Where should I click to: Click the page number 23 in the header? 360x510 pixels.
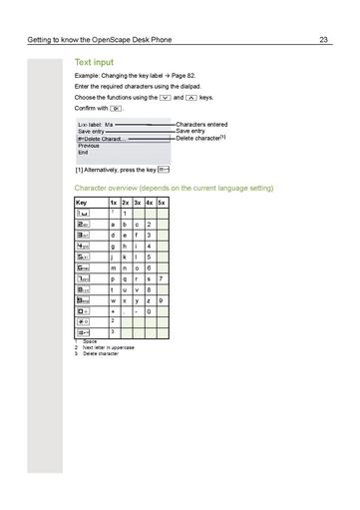[x=324, y=40]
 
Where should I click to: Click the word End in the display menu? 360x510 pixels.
[x=83, y=153]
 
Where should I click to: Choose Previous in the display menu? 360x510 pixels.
[x=89, y=146]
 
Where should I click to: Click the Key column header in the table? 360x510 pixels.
[x=81, y=203]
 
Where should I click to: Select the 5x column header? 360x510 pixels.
[x=162, y=203]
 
